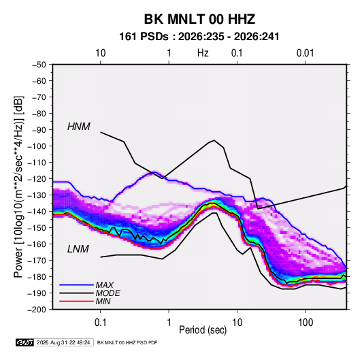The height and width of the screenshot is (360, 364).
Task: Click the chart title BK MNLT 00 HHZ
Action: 199,19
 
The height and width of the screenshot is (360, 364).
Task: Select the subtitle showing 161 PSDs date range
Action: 199,37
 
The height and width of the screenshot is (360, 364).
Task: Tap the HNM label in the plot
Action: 79,127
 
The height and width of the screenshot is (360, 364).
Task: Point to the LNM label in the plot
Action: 78,249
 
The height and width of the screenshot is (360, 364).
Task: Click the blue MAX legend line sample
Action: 76,284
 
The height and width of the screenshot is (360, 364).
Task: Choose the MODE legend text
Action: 107,293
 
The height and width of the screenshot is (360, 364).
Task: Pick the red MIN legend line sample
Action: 76,301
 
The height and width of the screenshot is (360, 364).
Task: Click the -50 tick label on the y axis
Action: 39,65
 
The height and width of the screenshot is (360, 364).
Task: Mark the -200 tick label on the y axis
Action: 37,310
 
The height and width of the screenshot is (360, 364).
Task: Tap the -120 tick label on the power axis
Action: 37,179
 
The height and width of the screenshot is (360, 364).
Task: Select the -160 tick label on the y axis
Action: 37,244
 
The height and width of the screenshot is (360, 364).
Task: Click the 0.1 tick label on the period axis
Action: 100,323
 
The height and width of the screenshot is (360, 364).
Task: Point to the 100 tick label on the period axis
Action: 305,323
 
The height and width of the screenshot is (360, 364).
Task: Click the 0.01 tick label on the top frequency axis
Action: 305,53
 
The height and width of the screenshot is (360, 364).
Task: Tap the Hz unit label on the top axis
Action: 203,53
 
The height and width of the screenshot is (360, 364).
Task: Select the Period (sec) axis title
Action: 203,330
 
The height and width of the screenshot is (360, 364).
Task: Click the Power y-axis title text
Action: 18,186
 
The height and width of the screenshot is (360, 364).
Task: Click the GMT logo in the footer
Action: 24,342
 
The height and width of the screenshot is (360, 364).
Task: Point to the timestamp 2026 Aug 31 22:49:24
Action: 63,342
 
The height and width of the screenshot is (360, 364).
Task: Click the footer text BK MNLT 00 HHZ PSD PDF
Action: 127,342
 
